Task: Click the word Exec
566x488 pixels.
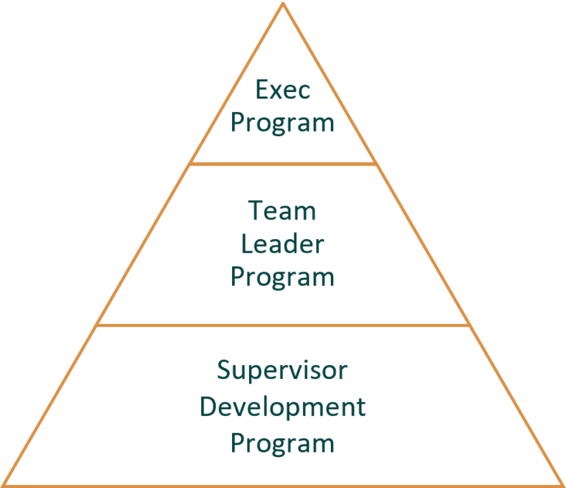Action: click(x=283, y=91)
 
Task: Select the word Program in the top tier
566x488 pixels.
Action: click(x=283, y=123)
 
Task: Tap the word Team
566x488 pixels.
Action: click(x=283, y=211)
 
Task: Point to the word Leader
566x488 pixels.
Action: click(x=283, y=244)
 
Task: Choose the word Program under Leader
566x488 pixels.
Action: click(x=283, y=277)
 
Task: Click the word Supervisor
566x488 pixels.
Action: click(x=283, y=371)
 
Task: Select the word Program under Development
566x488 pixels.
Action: click(x=283, y=444)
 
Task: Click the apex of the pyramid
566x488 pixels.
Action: click(x=283, y=4)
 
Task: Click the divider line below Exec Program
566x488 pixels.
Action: click(x=283, y=163)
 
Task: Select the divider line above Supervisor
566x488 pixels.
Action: click(x=283, y=325)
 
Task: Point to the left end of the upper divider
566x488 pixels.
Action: click(x=191, y=163)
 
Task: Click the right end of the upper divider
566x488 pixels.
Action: click(x=375, y=163)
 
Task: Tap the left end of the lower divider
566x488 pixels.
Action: click(x=97, y=325)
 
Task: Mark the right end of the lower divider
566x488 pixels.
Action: click(x=469, y=325)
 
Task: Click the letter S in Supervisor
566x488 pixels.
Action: click(x=225, y=369)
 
